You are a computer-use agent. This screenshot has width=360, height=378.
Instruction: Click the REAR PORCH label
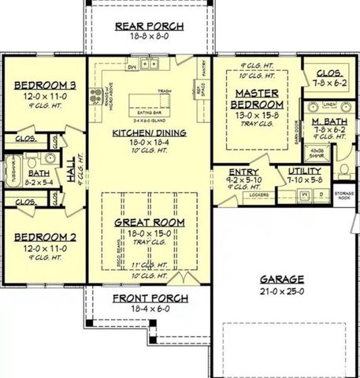[x=149, y=26]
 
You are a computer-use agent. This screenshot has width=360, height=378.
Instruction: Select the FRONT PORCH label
[x=150, y=298]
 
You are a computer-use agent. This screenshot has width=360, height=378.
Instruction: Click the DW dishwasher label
[x=132, y=67]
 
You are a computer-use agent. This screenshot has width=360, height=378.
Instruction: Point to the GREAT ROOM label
[x=150, y=222]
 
